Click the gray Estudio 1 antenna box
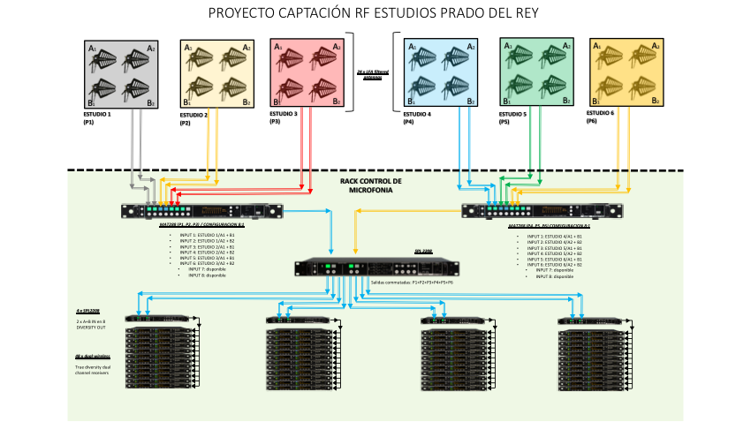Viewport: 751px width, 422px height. tap(122, 74)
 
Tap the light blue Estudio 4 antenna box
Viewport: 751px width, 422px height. tap(440, 74)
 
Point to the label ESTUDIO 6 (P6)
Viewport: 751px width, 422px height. tap(600, 118)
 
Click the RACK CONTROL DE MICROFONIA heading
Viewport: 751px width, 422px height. tap(370, 185)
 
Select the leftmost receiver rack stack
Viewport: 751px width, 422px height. tap(159, 358)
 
